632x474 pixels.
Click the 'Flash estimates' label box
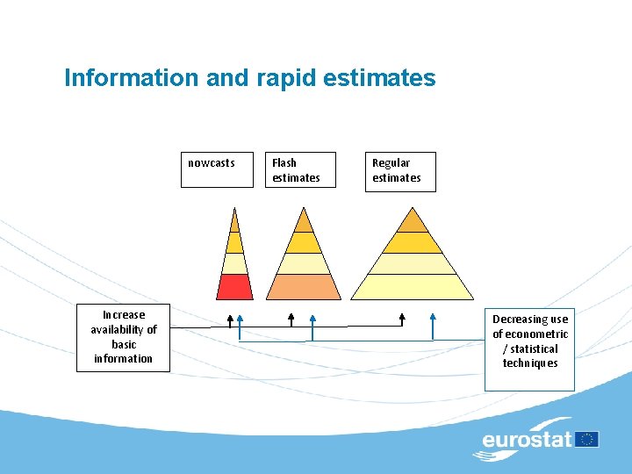[x=302, y=170]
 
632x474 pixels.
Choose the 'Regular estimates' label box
[x=400, y=170]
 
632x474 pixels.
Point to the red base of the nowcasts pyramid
[x=234, y=286]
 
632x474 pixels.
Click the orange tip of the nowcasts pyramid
[x=234, y=220]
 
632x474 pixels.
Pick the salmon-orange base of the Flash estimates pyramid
[x=303, y=286]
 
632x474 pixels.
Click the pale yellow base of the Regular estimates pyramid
[x=413, y=286]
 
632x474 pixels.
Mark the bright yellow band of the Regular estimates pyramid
[x=413, y=242]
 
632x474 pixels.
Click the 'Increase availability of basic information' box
[x=123, y=337]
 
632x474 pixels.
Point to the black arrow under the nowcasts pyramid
[x=230, y=320]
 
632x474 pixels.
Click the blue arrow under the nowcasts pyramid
[x=241, y=325]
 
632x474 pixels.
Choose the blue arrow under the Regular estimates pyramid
[x=433, y=325]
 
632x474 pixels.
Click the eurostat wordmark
[x=527, y=440]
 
